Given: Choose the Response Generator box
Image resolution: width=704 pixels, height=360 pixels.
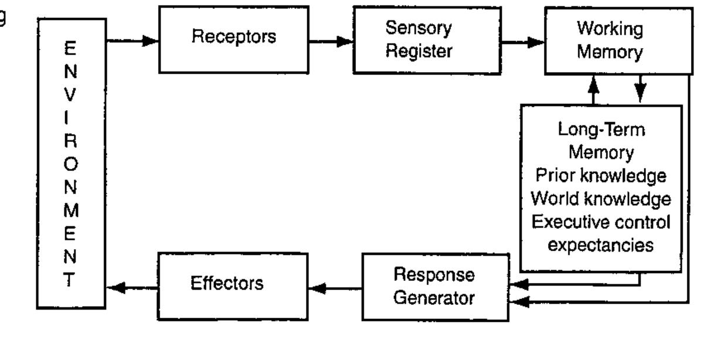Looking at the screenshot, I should tap(435, 286).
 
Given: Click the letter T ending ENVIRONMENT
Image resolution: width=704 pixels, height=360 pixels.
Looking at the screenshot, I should tap(71, 276).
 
